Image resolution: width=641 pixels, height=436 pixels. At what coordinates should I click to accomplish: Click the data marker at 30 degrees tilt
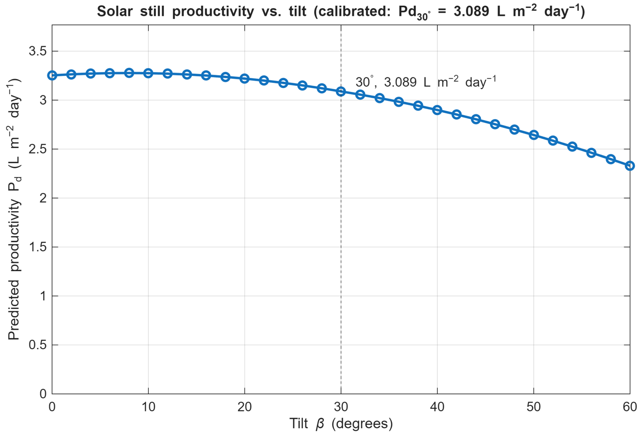(341, 92)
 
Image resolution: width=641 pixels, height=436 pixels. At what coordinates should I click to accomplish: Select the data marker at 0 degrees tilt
(52, 75)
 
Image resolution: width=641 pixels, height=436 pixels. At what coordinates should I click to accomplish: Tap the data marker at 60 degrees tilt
(630, 166)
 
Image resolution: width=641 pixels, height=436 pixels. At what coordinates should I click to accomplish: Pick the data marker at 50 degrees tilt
(534, 135)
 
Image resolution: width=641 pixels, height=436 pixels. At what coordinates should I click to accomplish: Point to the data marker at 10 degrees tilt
(148, 73)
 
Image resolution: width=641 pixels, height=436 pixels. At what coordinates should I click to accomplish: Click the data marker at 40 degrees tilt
(437, 110)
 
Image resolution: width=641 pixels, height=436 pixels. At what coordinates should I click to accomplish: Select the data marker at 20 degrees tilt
(245, 78)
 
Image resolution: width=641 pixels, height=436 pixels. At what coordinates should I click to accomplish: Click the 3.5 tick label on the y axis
(38, 51)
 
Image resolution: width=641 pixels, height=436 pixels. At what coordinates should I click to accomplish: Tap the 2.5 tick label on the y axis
(38, 149)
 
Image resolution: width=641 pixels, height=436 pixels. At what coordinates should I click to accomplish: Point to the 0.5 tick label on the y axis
(38, 345)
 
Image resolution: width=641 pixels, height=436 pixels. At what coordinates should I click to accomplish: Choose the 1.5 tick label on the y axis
(38, 247)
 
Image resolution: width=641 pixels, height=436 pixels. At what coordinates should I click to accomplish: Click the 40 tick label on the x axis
(437, 407)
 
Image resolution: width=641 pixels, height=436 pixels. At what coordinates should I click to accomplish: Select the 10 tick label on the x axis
(148, 407)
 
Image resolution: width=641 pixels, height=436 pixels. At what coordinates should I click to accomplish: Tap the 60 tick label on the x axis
(630, 407)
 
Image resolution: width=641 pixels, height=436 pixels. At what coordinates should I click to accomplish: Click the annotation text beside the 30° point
(426, 82)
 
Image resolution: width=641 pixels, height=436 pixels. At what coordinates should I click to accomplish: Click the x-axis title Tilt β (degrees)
(341, 424)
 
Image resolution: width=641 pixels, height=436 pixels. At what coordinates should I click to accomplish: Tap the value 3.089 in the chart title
(471, 12)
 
